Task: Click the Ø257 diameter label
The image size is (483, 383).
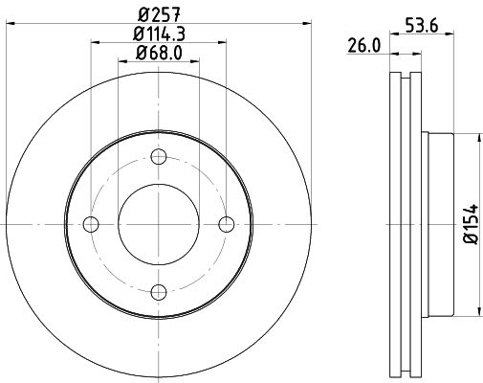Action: pos(160,15)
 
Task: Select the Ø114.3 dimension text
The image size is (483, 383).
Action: pos(159,34)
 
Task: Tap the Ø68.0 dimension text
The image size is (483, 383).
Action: pos(159,53)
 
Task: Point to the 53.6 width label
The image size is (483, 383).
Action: pos(422,26)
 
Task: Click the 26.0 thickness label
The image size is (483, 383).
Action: pos(363,45)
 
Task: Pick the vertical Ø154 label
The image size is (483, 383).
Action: pos(472,224)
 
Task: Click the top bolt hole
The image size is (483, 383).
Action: pos(159,157)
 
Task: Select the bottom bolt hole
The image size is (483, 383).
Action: pos(159,292)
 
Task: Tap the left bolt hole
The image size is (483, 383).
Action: pos(91,224)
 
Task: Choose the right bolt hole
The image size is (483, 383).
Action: pos(227,224)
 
